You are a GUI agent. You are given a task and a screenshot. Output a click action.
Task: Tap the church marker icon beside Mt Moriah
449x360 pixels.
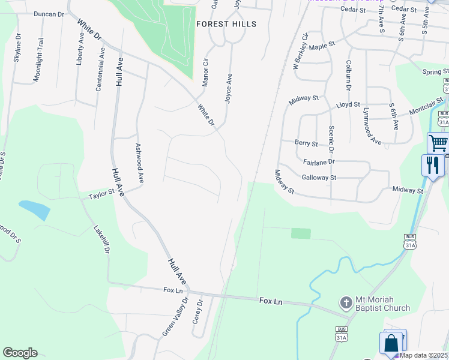click(x=346, y=301)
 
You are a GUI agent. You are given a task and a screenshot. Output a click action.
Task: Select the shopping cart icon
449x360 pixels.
click(x=438, y=143)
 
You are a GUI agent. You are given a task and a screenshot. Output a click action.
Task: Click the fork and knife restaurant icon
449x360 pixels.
click(x=432, y=164)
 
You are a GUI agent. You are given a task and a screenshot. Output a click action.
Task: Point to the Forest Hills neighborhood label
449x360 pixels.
click(x=226, y=25)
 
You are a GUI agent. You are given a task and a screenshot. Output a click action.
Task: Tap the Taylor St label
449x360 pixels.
click(x=101, y=194)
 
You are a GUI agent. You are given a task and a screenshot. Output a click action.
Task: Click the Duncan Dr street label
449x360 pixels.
click(x=49, y=14)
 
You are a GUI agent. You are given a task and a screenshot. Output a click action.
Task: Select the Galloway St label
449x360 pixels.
click(x=319, y=178)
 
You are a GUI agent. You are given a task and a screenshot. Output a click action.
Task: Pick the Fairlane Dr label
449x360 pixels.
click(x=319, y=162)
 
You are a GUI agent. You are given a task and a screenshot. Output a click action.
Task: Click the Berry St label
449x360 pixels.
click(x=306, y=143)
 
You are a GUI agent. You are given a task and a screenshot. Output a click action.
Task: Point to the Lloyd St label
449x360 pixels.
click(x=348, y=104)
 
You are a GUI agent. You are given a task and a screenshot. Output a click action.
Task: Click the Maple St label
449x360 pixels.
click(x=322, y=45)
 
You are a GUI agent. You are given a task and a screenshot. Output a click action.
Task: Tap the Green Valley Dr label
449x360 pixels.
click(x=175, y=317)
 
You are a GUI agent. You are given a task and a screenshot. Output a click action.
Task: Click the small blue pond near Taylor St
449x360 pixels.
click(x=35, y=209)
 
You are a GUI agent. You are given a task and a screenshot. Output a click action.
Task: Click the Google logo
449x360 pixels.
click(x=20, y=353)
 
